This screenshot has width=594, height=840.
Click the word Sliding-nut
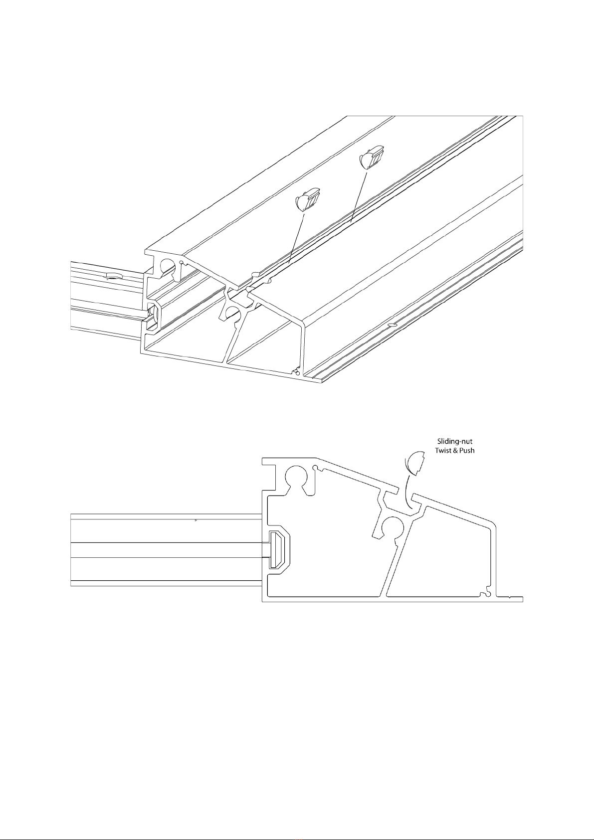[x=454, y=441]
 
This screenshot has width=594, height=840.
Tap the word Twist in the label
[x=443, y=450]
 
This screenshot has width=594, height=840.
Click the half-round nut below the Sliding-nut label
[x=415, y=463]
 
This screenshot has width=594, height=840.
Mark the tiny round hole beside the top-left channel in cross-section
[x=317, y=468]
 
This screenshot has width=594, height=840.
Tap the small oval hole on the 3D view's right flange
[x=392, y=325]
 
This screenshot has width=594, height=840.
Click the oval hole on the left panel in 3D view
[x=113, y=276]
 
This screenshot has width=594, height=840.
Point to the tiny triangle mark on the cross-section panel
[x=196, y=520]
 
